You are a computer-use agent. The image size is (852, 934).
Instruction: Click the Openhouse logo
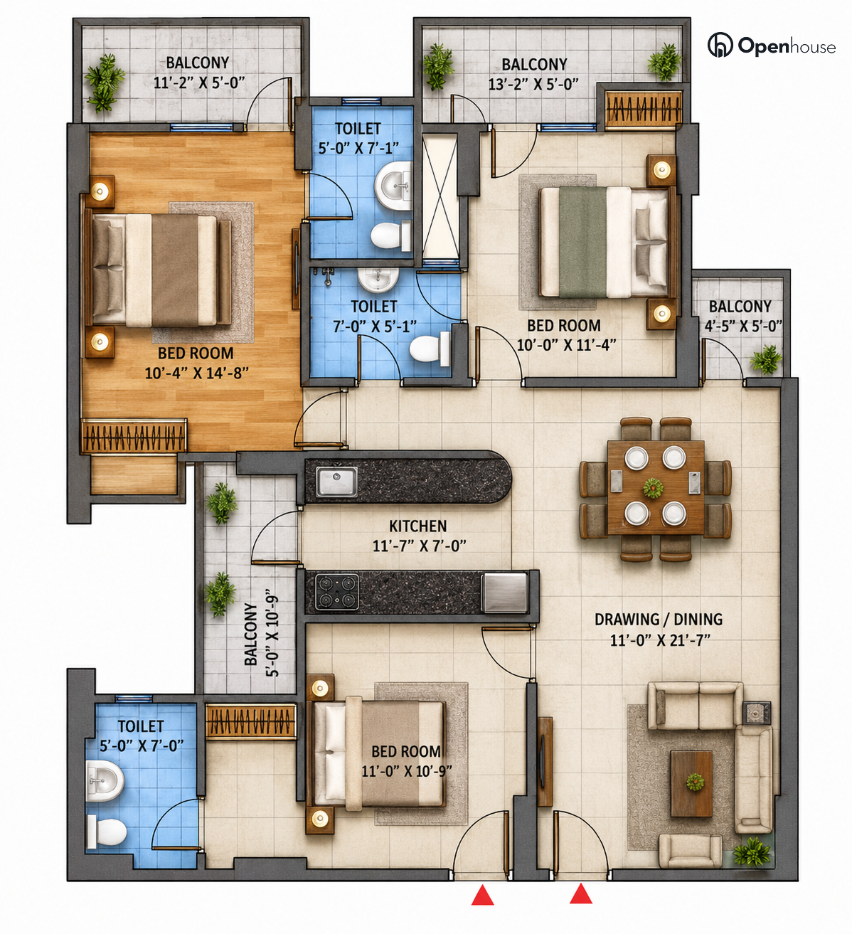click(x=771, y=46)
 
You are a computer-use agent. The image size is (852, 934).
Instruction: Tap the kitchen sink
click(x=336, y=481)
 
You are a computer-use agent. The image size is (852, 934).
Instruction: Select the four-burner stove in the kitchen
click(x=337, y=593)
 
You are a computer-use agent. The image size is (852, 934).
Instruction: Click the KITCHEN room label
click(x=417, y=526)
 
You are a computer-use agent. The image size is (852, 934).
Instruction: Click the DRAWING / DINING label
click(x=659, y=620)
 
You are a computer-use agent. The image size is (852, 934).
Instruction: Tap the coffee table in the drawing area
click(x=691, y=784)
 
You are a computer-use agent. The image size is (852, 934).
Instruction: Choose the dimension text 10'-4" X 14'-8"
click(x=196, y=373)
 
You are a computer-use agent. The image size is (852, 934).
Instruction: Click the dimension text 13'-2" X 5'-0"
click(x=533, y=84)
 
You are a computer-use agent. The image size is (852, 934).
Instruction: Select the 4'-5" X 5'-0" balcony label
click(x=743, y=326)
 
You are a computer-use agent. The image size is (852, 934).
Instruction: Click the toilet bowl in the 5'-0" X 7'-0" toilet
click(x=107, y=832)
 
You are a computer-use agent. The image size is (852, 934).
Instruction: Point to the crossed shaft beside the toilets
click(x=440, y=196)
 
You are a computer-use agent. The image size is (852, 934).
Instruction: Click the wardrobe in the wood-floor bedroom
click(x=134, y=435)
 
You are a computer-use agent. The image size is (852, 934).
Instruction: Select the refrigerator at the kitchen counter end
click(x=505, y=593)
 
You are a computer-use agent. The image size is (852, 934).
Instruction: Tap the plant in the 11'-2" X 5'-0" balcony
click(x=105, y=83)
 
